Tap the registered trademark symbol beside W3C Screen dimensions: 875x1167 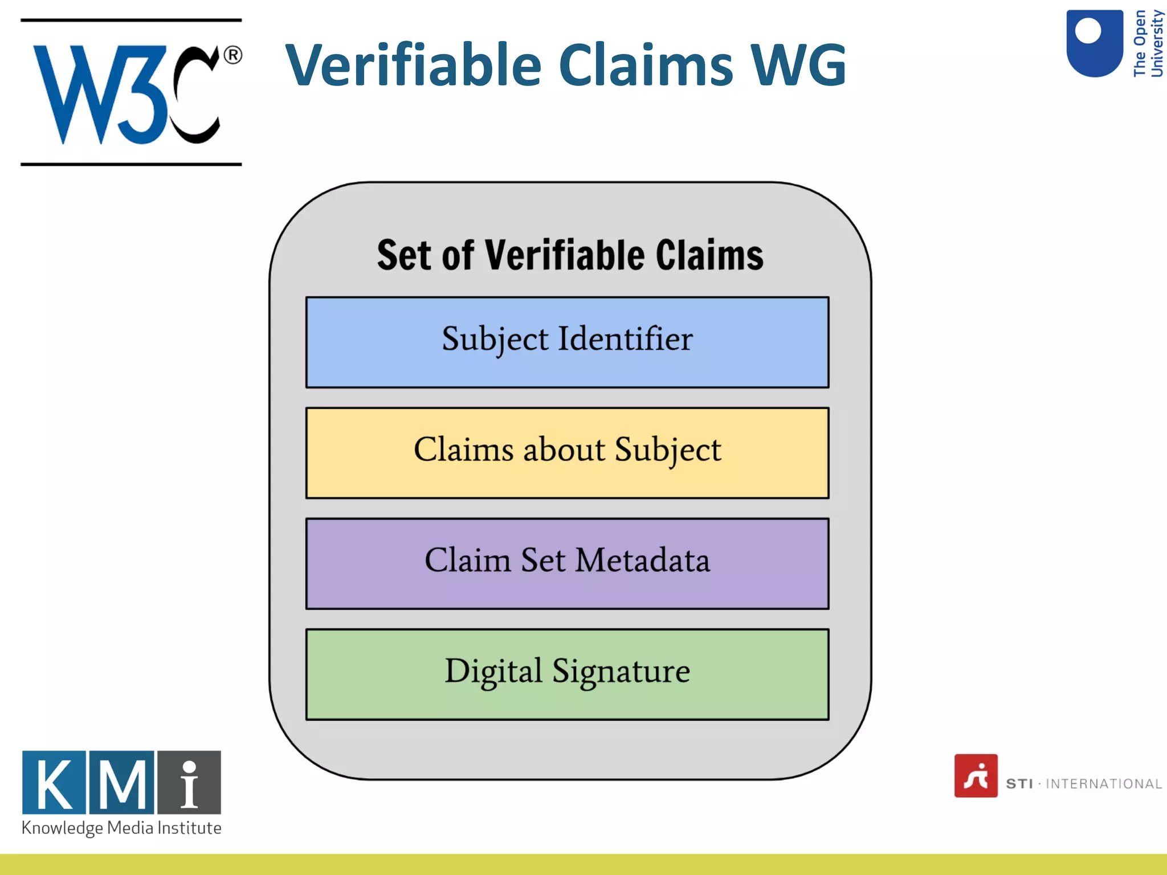pyautogui.click(x=232, y=55)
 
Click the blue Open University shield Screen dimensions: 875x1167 pyautogui.click(x=1094, y=43)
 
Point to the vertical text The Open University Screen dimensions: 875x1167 pyautogui.click(x=1148, y=43)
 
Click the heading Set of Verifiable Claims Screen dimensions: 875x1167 pyautogui.click(x=570, y=255)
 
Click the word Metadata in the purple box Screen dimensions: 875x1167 pyautogui.click(x=642, y=560)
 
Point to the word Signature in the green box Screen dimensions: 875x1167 pyautogui.click(x=621, y=671)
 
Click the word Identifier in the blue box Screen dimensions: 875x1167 pyautogui.click(x=625, y=338)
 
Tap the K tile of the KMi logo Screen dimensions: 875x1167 pyautogui.click(x=54, y=783)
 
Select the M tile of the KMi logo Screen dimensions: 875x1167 pyautogui.click(x=122, y=783)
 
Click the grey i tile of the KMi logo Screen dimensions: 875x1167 pyautogui.click(x=189, y=783)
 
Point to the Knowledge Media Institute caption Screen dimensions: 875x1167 pyautogui.click(x=121, y=828)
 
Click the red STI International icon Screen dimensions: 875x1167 pyautogui.click(x=976, y=776)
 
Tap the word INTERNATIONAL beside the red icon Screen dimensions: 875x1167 pyautogui.click(x=1103, y=784)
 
